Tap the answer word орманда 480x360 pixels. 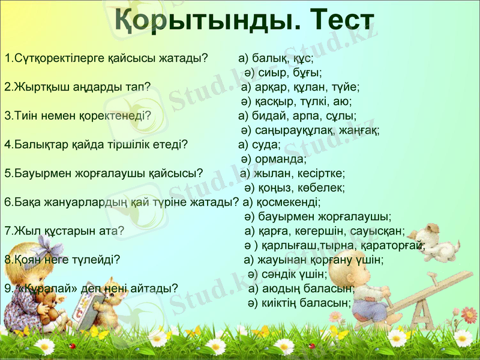pyautogui.click(x=281, y=160)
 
